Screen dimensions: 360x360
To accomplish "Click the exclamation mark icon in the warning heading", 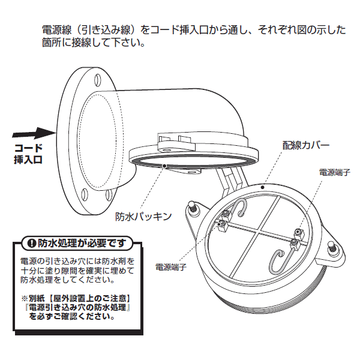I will (x=31, y=243).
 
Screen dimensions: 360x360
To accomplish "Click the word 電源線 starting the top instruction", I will (x=55, y=29).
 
